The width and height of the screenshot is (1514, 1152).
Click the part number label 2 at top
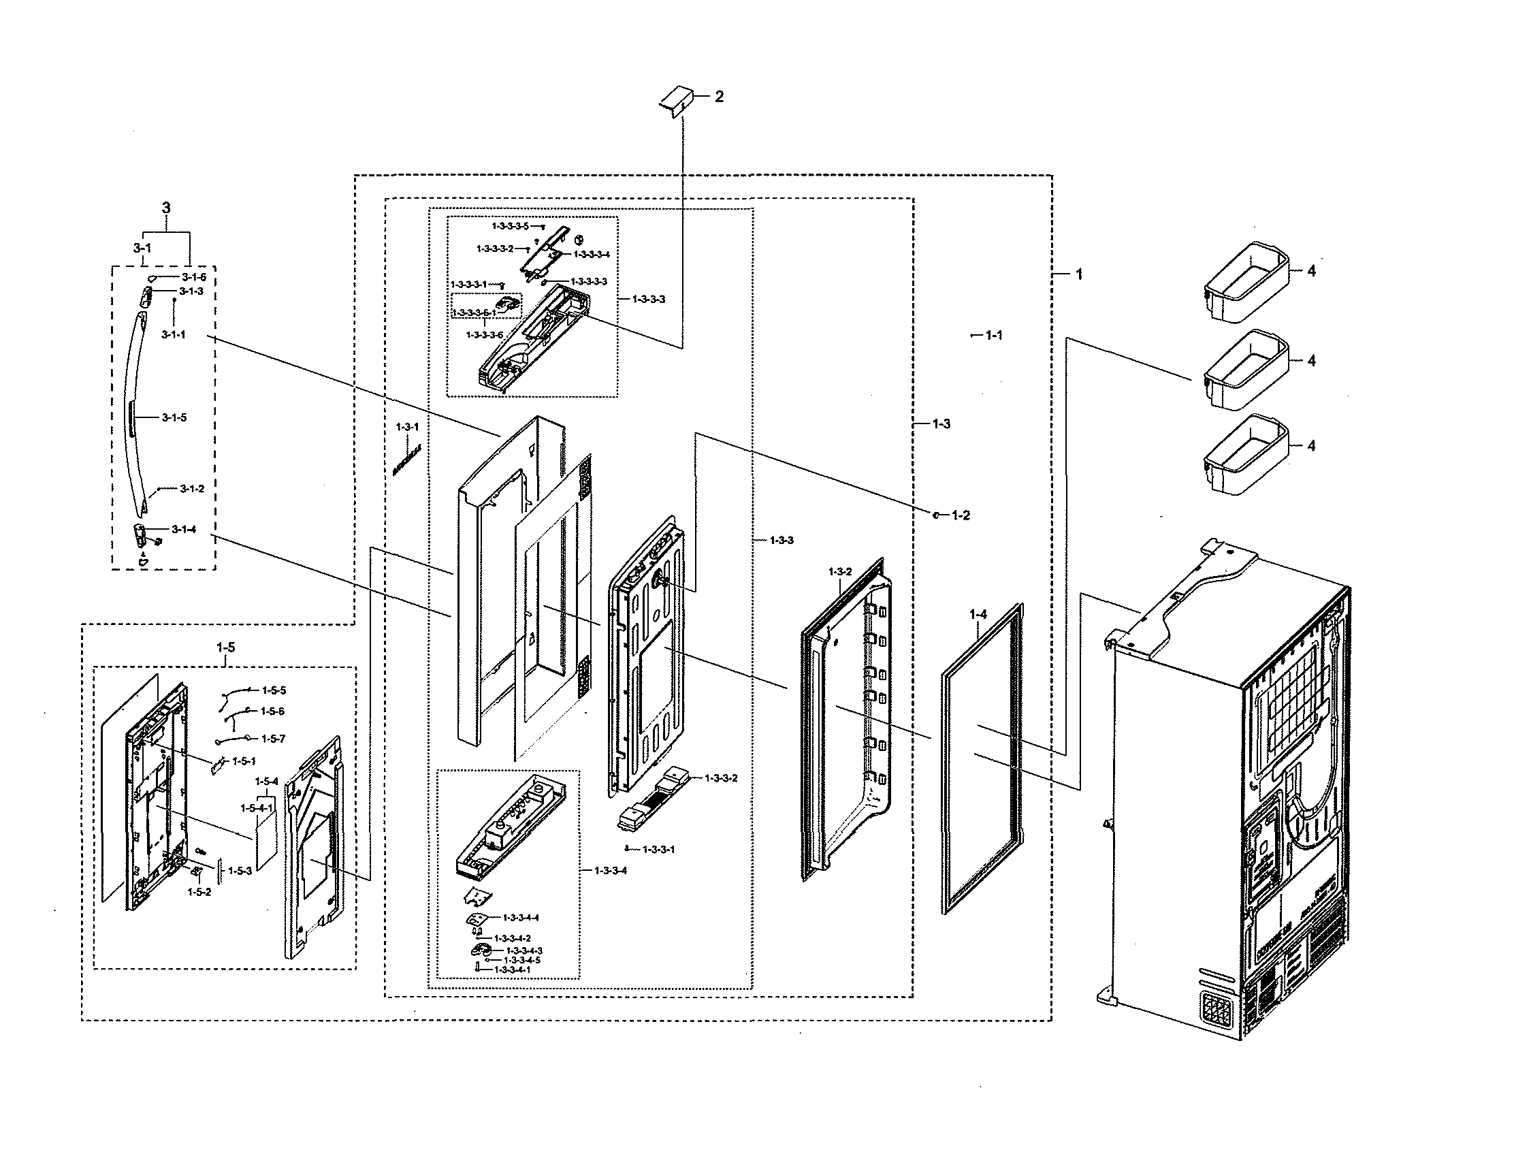click(x=719, y=97)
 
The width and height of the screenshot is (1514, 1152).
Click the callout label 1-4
click(x=978, y=614)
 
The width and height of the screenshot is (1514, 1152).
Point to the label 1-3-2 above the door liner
click(x=840, y=571)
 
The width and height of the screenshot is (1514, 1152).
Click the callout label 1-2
click(x=961, y=515)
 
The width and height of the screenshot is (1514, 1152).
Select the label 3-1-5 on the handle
click(x=174, y=417)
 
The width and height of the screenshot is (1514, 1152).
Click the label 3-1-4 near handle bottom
click(x=184, y=529)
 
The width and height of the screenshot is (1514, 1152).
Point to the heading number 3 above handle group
click(x=166, y=208)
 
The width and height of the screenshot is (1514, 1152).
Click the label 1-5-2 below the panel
click(x=199, y=892)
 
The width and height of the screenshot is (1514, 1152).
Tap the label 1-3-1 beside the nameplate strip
click(x=407, y=426)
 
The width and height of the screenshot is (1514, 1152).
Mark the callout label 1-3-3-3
click(x=648, y=299)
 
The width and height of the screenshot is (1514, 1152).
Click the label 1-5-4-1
click(x=257, y=807)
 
